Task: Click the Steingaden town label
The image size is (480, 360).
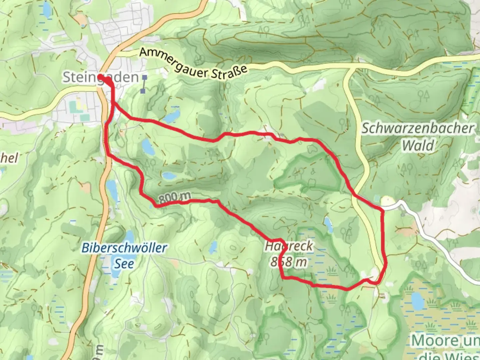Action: (x=100, y=77)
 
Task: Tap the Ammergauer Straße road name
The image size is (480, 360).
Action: (x=193, y=63)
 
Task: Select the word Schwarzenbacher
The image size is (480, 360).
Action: (x=418, y=129)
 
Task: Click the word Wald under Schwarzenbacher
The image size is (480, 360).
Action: (x=418, y=146)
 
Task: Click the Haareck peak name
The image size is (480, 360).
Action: (x=289, y=246)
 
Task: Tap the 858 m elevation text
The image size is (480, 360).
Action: (x=289, y=262)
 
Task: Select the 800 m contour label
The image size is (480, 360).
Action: (x=174, y=198)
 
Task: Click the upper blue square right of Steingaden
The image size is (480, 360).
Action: (x=145, y=77)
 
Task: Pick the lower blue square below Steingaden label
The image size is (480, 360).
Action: (x=143, y=91)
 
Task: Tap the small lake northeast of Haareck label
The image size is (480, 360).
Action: (x=328, y=225)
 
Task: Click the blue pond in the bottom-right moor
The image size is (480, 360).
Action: (x=416, y=302)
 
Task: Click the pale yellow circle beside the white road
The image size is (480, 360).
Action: (x=387, y=201)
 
